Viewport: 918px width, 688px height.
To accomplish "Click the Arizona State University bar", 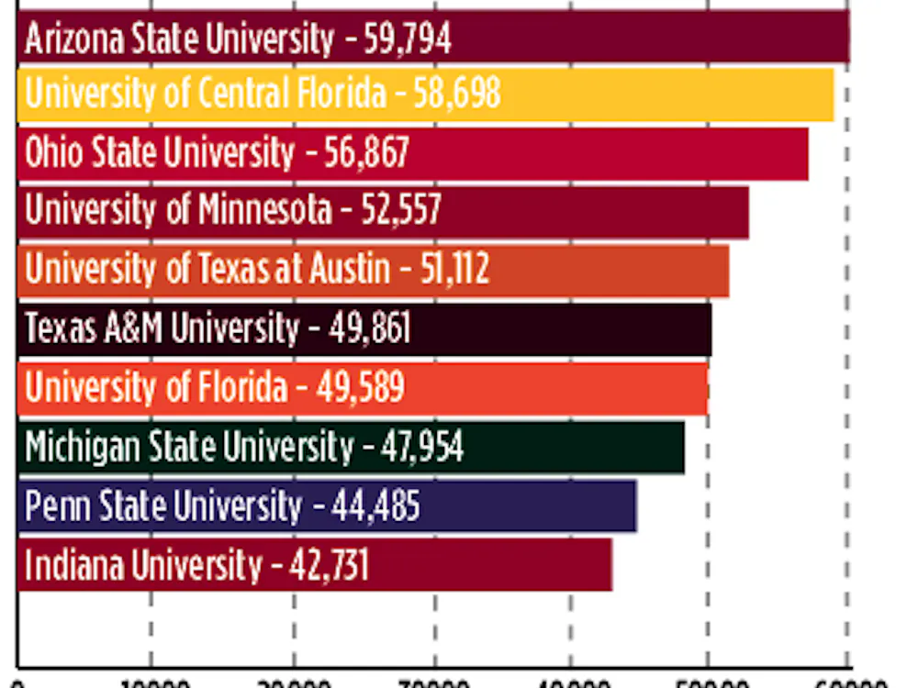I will click(x=643, y=38).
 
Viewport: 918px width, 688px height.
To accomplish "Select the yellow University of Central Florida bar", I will click(x=661, y=94).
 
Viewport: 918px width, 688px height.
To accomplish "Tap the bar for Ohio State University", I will click(x=606, y=153).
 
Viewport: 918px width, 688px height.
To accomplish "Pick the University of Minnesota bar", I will click(x=597, y=211).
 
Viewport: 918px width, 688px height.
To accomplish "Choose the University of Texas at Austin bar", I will click(x=606, y=270).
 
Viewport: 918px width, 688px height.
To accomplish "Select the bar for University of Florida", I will click(x=551, y=388).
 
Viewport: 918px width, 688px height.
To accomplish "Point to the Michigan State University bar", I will click(x=569, y=447).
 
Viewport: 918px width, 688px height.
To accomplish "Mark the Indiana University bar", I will click(x=487, y=564).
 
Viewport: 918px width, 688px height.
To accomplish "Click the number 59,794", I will click(x=407, y=39).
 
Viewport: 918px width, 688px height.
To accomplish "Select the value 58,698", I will click(x=456, y=94).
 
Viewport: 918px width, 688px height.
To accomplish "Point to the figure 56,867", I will click(x=366, y=153).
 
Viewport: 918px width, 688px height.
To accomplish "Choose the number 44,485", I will click(x=376, y=506).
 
